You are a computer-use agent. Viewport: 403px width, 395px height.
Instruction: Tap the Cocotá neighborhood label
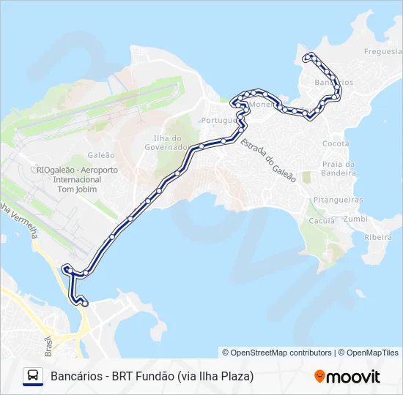point(336,143)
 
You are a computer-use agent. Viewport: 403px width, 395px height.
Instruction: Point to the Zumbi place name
point(355,219)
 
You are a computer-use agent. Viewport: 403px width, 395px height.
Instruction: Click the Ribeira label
point(378,237)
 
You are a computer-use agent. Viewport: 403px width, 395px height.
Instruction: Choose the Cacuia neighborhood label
point(322,220)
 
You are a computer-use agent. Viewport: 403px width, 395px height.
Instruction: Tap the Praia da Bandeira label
point(339,169)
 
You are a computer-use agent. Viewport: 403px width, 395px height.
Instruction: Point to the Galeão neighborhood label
point(101,155)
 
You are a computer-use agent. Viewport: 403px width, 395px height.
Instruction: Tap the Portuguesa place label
point(220,120)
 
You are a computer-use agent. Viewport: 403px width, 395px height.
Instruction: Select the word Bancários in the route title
point(73,377)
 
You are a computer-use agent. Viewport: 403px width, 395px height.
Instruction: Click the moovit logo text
point(354,377)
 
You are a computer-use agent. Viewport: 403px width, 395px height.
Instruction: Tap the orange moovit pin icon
point(319,376)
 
